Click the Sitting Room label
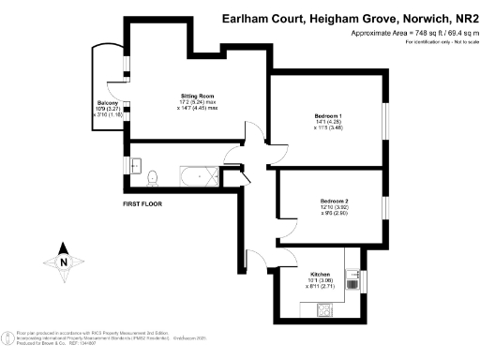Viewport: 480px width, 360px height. click(199, 96)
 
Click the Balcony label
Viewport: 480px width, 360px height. click(106, 102)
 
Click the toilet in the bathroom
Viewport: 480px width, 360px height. click(152, 173)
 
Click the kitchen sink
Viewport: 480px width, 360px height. click(353, 277)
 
